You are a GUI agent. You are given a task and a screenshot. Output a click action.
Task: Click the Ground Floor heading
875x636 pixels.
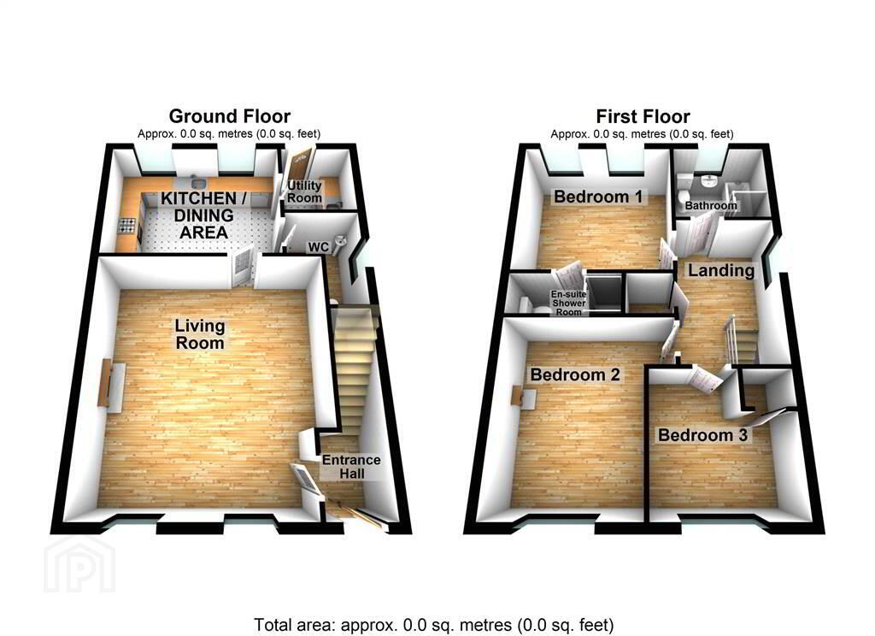click(229, 116)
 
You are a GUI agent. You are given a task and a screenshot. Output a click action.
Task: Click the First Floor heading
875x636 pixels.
click(643, 116)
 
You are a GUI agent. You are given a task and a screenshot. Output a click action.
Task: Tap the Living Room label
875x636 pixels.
click(200, 334)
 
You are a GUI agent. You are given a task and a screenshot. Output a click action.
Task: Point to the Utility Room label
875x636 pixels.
click(305, 191)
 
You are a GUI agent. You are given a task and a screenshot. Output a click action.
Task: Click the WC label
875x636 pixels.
click(319, 247)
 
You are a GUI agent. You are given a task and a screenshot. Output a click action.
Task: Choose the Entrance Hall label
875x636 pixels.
click(351, 467)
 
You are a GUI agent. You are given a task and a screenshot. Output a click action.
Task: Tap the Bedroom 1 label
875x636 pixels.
click(597, 197)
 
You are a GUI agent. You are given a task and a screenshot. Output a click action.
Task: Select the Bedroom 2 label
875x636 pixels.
click(575, 374)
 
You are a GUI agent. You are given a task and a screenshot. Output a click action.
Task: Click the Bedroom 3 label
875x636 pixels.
click(702, 434)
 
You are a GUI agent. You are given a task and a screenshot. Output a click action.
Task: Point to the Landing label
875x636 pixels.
click(721, 271)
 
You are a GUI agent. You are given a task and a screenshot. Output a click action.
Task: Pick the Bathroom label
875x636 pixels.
click(711, 205)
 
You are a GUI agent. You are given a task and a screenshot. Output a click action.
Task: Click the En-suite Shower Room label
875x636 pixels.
click(568, 303)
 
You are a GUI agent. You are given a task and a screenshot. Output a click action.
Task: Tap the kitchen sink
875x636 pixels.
click(196, 183)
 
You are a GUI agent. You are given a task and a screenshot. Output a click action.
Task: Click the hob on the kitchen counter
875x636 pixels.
click(128, 226)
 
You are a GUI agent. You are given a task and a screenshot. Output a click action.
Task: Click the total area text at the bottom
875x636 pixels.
click(433, 624)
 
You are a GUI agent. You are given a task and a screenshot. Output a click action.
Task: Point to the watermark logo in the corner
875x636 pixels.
click(79, 564)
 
